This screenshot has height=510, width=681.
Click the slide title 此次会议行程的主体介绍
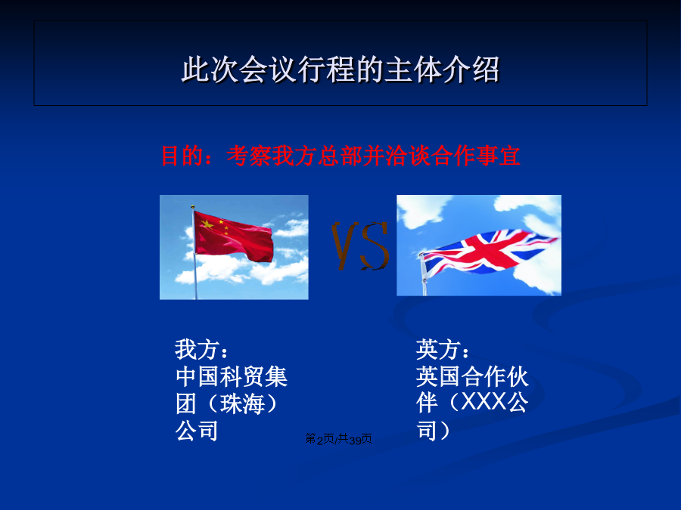(x=340, y=70)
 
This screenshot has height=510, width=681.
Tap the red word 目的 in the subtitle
(x=182, y=156)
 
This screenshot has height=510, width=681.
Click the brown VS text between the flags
(x=359, y=246)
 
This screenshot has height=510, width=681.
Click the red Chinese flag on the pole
(x=233, y=236)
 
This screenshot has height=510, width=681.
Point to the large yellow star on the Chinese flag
(x=207, y=224)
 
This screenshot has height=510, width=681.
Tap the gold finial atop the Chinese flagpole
(x=193, y=207)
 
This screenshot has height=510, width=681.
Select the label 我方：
(x=201, y=350)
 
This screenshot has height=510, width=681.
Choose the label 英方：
(x=443, y=350)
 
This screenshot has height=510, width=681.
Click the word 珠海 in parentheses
(x=242, y=403)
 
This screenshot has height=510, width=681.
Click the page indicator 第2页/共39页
(x=338, y=439)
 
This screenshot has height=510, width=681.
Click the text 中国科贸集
(x=232, y=376)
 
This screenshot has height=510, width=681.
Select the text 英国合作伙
(x=472, y=376)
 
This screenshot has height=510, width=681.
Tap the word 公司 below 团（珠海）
(x=197, y=431)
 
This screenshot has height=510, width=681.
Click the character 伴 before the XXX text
(x=427, y=403)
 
